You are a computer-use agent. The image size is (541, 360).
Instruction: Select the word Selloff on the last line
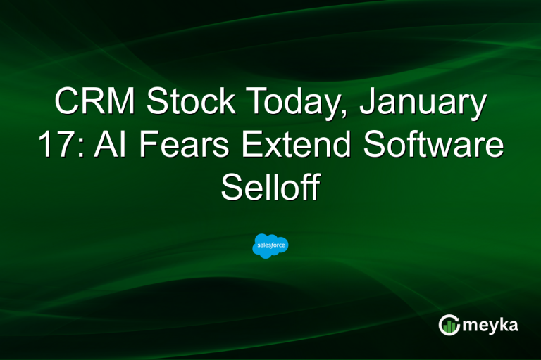[x=270, y=188]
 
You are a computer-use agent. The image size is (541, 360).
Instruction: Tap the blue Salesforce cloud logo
[x=270, y=245]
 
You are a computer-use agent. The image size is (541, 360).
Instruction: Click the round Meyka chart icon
[x=449, y=325]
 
